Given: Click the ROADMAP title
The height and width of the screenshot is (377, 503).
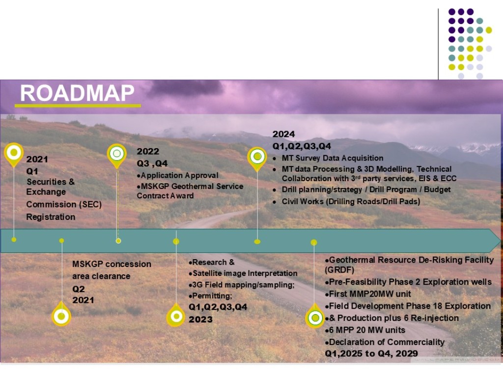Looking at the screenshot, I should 77,93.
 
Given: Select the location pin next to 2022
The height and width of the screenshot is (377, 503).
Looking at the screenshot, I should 117,155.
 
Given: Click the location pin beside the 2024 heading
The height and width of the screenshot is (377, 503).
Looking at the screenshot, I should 257,157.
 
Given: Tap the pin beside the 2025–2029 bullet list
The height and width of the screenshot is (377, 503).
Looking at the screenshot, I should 315,317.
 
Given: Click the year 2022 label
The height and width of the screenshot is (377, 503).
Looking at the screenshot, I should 148,151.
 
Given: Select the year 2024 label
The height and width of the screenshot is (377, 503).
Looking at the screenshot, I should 284,134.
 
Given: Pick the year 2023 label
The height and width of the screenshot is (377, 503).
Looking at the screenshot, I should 201,320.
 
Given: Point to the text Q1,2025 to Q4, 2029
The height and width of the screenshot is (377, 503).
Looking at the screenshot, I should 371,353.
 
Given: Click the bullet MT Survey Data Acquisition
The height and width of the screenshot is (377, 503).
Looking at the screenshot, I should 332,158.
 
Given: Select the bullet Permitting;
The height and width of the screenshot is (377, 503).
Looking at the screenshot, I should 212,296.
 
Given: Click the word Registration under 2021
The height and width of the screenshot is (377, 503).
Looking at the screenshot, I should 51,217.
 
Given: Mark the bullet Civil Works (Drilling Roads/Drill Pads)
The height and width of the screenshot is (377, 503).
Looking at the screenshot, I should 351,201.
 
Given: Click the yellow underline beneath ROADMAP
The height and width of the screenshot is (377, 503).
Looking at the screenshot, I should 78,105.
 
